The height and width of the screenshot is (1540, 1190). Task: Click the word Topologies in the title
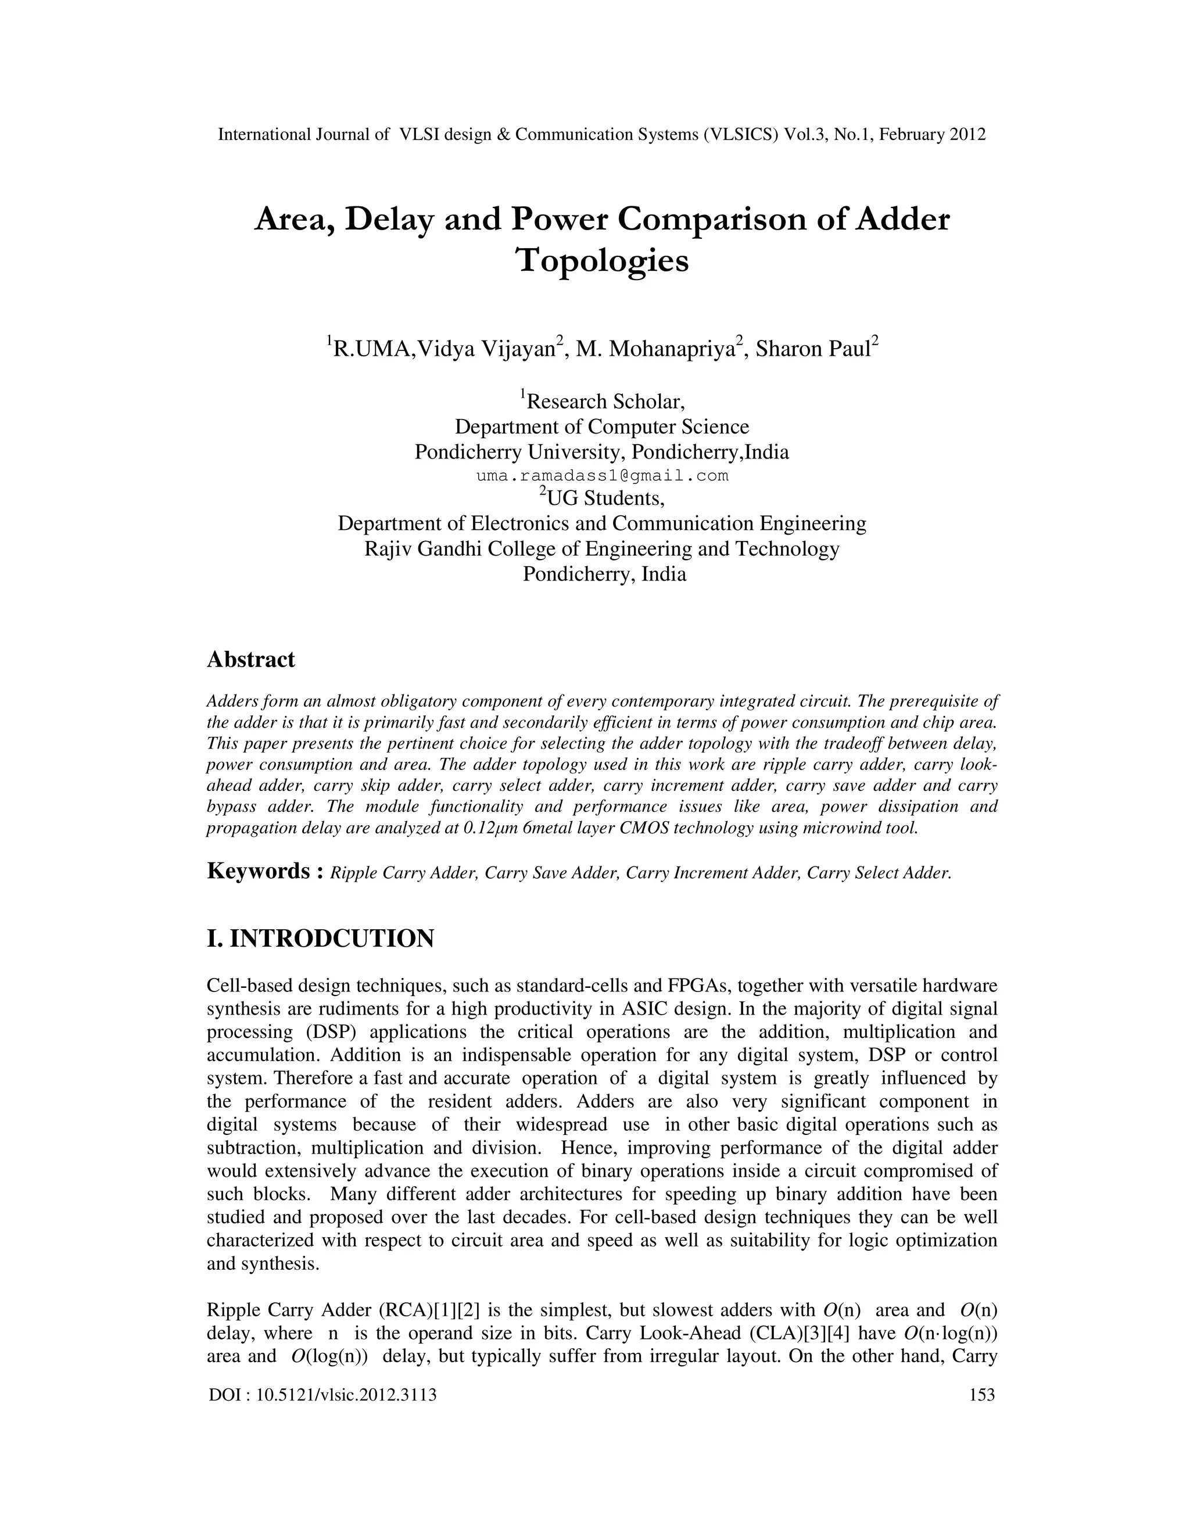[602, 262]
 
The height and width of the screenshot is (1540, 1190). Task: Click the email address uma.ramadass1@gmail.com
[602, 476]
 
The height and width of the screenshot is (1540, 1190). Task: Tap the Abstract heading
[250, 660]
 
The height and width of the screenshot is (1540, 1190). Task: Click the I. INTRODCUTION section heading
[320, 939]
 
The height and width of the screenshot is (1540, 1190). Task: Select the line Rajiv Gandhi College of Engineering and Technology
[602, 549]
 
